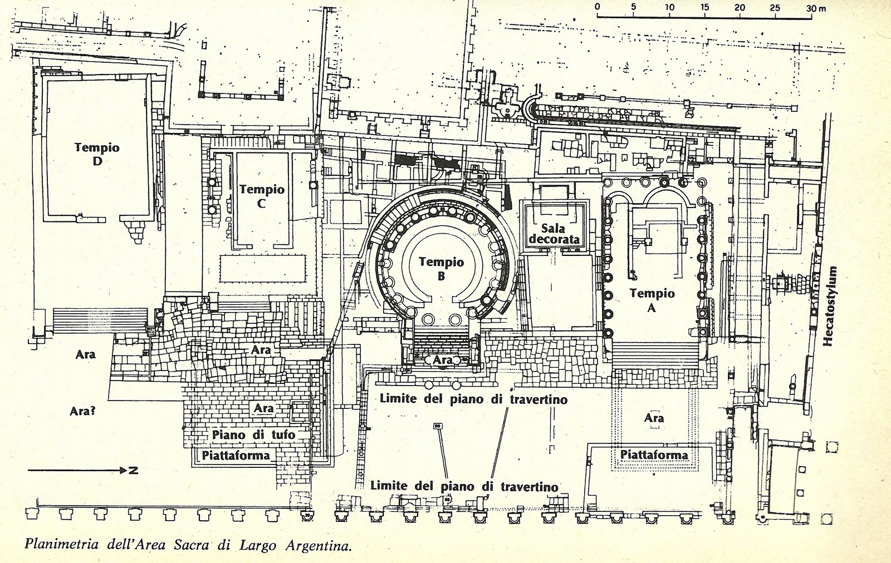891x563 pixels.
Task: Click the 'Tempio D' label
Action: [x=97, y=154]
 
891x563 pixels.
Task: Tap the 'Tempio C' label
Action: [x=262, y=196]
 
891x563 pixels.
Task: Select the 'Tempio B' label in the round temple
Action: [x=441, y=268]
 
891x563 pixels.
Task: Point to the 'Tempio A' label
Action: [x=652, y=300]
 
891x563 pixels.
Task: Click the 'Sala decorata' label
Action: [x=554, y=234]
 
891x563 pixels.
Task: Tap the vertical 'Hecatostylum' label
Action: [x=832, y=305]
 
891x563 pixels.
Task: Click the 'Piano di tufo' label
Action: [x=253, y=434]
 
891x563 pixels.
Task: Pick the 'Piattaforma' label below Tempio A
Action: [x=654, y=455]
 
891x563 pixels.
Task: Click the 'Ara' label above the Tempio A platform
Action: [x=654, y=418]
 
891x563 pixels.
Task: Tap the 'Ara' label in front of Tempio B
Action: [x=443, y=360]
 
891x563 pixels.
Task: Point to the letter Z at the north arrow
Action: [x=133, y=471]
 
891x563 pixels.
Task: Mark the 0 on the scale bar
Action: [x=597, y=7]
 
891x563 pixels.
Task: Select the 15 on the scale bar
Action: [x=704, y=7]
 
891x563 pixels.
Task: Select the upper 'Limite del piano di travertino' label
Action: [x=473, y=399]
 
